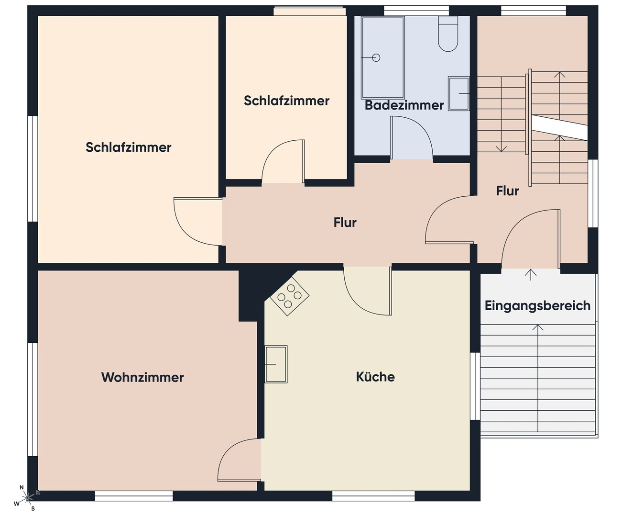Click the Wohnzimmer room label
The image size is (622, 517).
(x=142, y=377)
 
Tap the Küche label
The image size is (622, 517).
(x=375, y=377)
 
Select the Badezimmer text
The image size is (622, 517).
(x=404, y=105)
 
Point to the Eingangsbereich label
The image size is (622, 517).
(x=537, y=306)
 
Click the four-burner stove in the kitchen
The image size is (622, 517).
(x=289, y=296)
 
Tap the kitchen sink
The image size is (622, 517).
(x=276, y=364)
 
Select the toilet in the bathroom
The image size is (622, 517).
(x=448, y=34)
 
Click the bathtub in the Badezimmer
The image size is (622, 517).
(x=383, y=57)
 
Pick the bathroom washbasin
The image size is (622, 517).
(x=459, y=94)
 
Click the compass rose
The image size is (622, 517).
(x=27, y=497)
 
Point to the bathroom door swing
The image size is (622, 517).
(x=411, y=137)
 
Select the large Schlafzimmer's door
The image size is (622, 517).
(x=198, y=222)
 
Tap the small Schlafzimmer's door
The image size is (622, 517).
(x=283, y=161)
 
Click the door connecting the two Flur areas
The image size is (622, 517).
(x=449, y=220)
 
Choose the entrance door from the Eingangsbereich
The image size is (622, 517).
(x=531, y=239)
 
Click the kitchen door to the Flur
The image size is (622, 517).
(x=368, y=291)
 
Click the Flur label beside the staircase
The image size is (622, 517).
(x=507, y=191)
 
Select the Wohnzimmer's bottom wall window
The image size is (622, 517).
(x=134, y=496)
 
